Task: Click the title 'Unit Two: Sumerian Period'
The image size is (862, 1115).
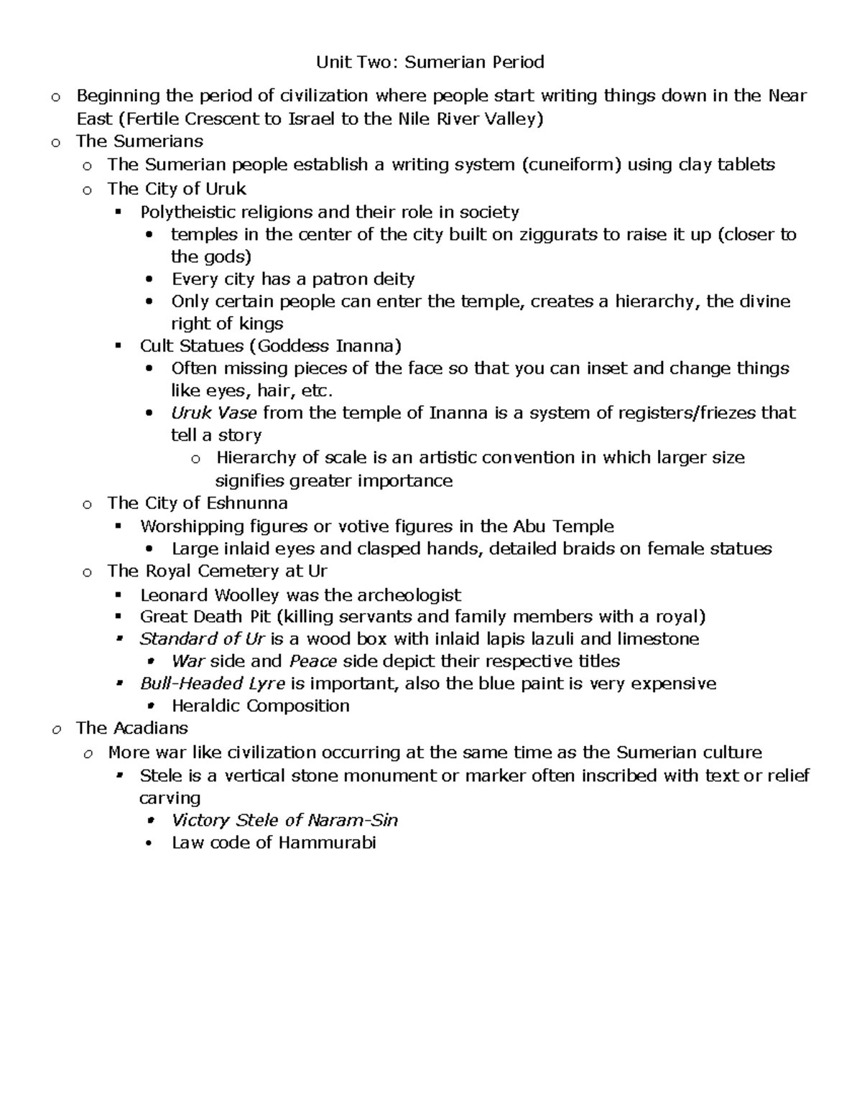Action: pyautogui.click(x=430, y=62)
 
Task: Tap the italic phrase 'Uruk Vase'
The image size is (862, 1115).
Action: pyautogui.click(x=214, y=413)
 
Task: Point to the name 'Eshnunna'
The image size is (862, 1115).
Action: pyautogui.click(x=247, y=503)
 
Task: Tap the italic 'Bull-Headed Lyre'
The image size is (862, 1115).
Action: pyautogui.click(x=212, y=684)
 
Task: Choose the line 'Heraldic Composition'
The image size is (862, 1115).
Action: pyautogui.click(x=260, y=706)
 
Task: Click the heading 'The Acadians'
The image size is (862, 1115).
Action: pyautogui.click(x=132, y=728)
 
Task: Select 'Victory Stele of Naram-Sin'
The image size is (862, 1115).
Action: pyautogui.click(x=284, y=820)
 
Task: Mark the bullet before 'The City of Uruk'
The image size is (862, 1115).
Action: pyautogui.click(x=87, y=190)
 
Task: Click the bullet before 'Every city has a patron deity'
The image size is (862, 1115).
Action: pyautogui.click(x=149, y=279)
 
